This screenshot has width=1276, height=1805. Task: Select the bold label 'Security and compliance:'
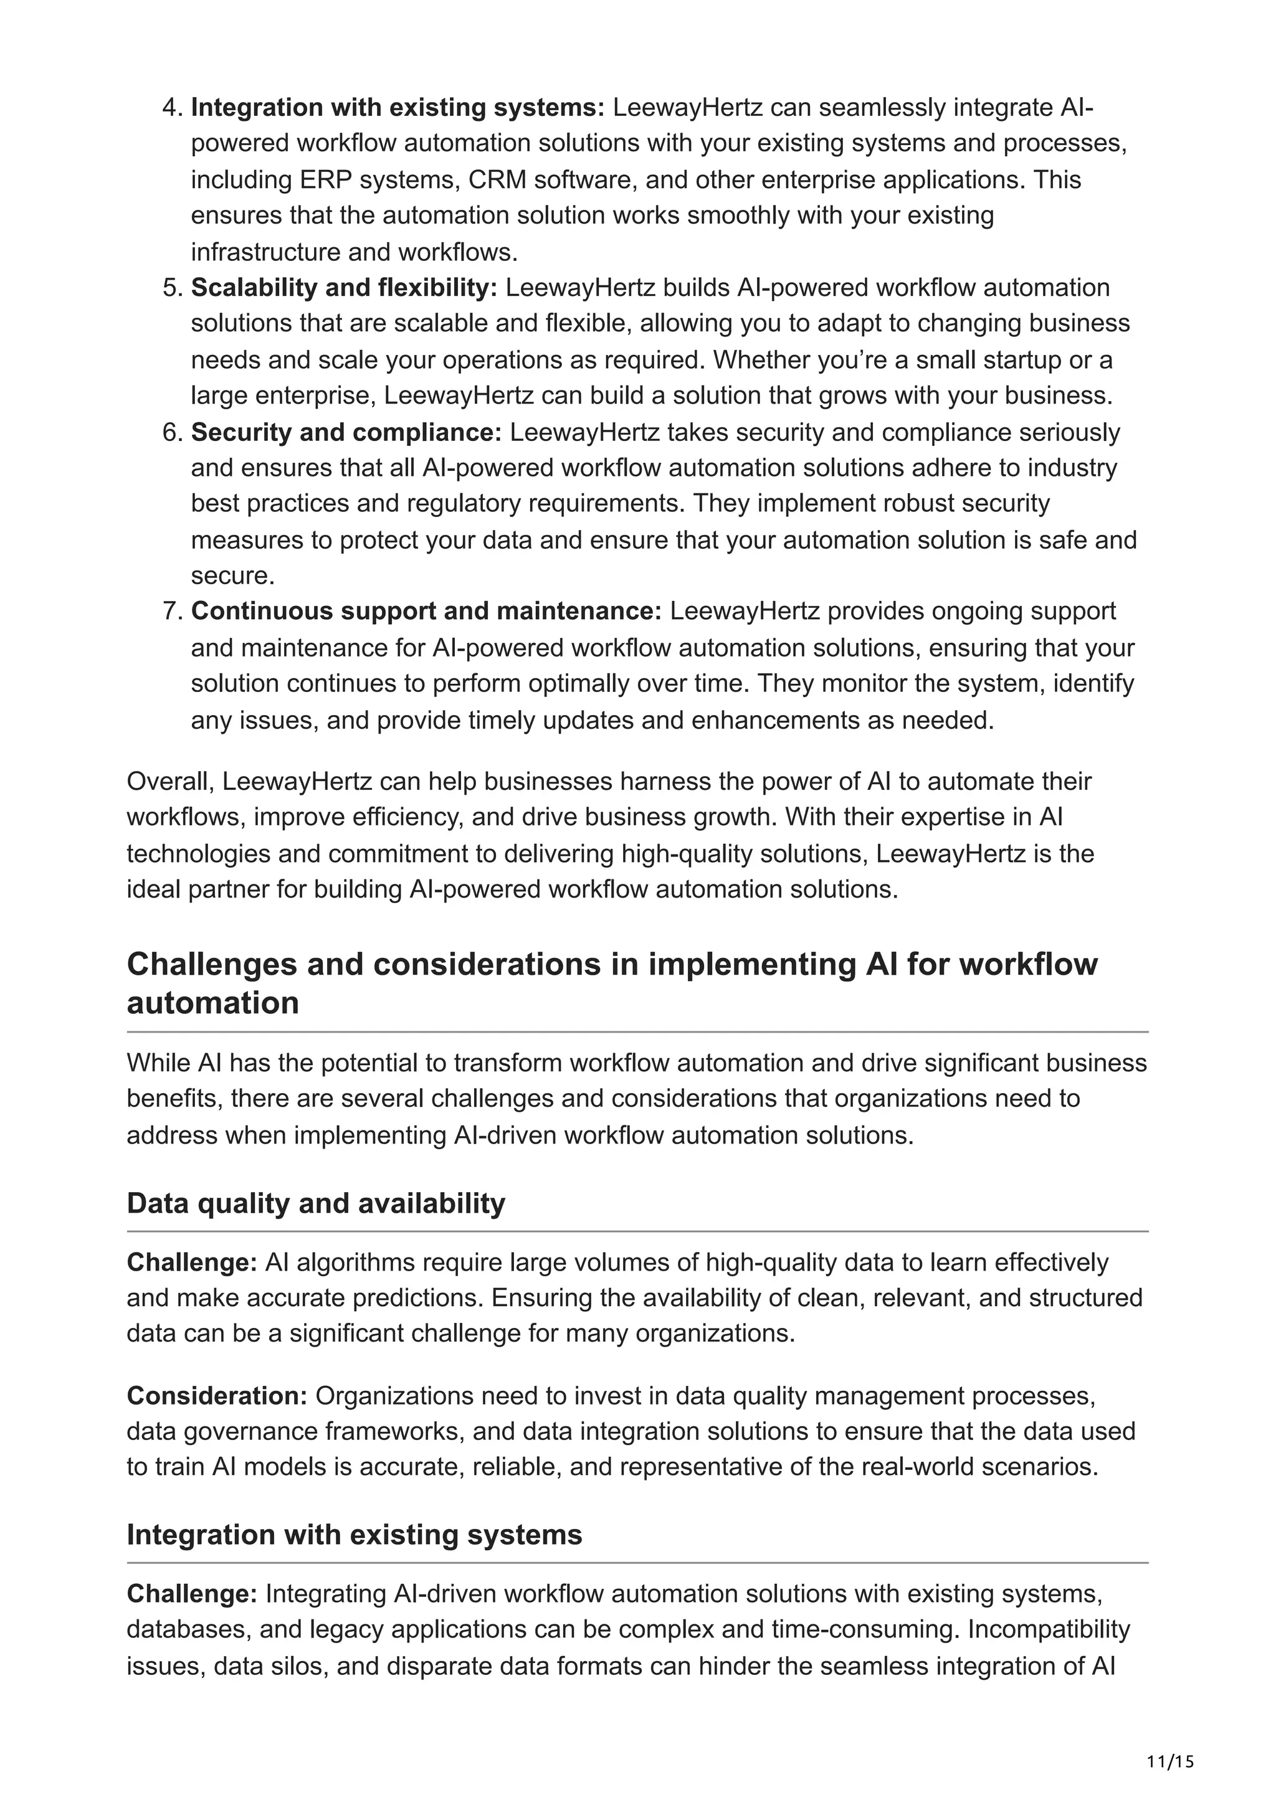point(346,432)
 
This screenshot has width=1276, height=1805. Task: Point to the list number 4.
point(172,108)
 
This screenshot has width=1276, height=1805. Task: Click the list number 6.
point(172,432)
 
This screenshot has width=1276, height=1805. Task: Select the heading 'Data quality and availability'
point(315,1203)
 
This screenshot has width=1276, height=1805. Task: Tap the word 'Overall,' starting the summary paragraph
point(171,782)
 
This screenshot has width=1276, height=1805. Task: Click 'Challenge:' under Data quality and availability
point(192,1263)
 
